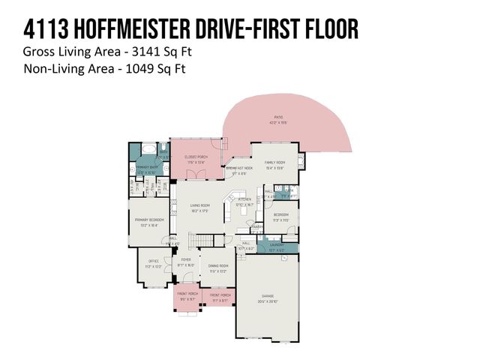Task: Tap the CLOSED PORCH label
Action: pyautogui.click(x=196, y=157)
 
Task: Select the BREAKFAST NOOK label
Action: pyautogui.click(x=239, y=168)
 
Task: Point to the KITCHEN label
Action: pyautogui.click(x=245, y=199)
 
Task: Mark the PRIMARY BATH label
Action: pyautogui.click(x=146, y=166)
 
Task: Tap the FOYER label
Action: pyautogui.click(x=185, y=260)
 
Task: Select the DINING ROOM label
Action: pyautogui.click(x=218, y=266)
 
